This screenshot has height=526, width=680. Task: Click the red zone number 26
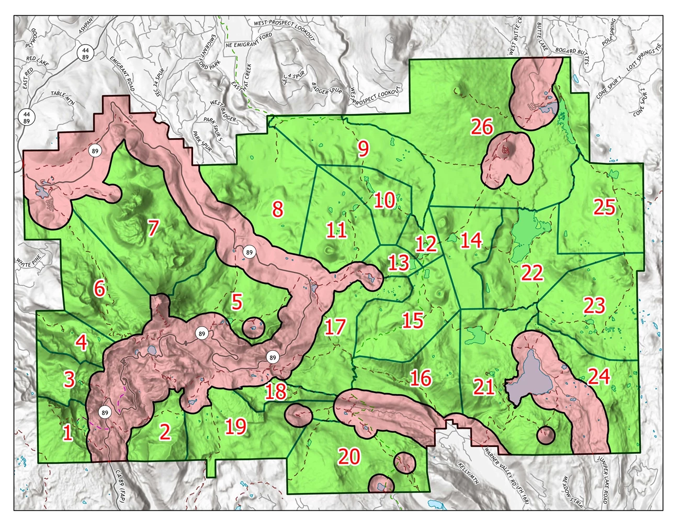(x=482, y=127)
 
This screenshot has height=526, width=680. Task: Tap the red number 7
(x=153, y=228)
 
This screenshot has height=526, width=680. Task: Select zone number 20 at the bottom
(x=349, y=456)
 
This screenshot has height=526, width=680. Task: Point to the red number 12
(x=426, y=244)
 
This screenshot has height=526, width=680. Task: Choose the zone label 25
(x=604, y=207)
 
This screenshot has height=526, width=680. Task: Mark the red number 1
(x=67, y=433)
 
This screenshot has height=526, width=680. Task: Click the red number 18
(x=276, y=391)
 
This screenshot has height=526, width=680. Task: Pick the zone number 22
(x=532, y=273)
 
